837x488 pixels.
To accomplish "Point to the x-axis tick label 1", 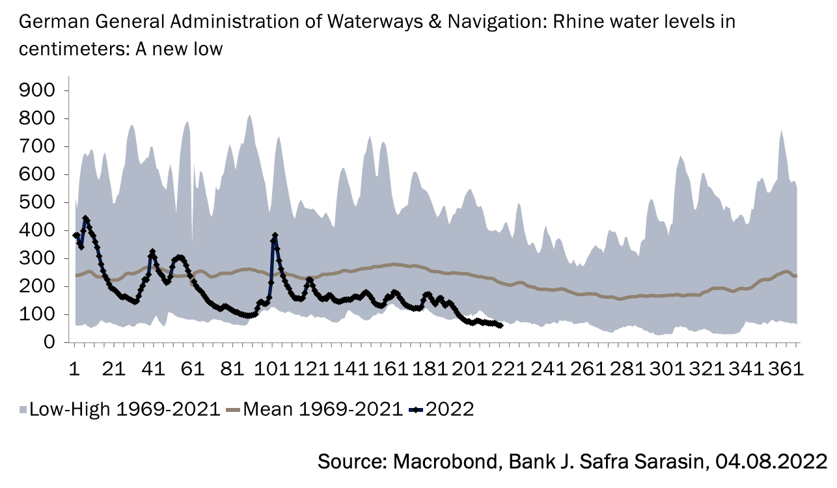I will [x=75, y=368].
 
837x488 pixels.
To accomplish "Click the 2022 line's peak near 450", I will [x=86, y=219].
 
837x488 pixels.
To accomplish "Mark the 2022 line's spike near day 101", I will [x=275, y=236].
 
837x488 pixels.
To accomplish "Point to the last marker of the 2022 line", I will [x=500, y=325].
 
